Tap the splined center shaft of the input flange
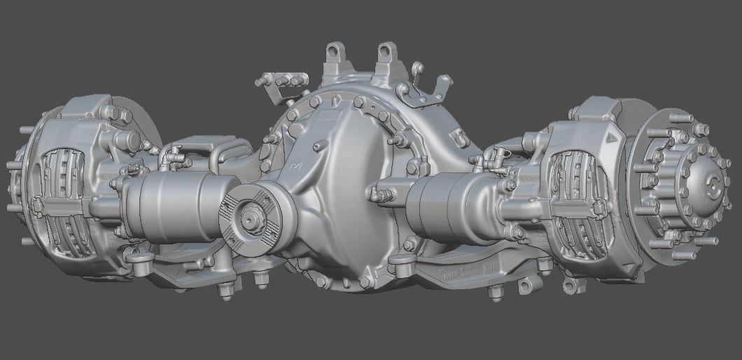pos(248,218)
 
